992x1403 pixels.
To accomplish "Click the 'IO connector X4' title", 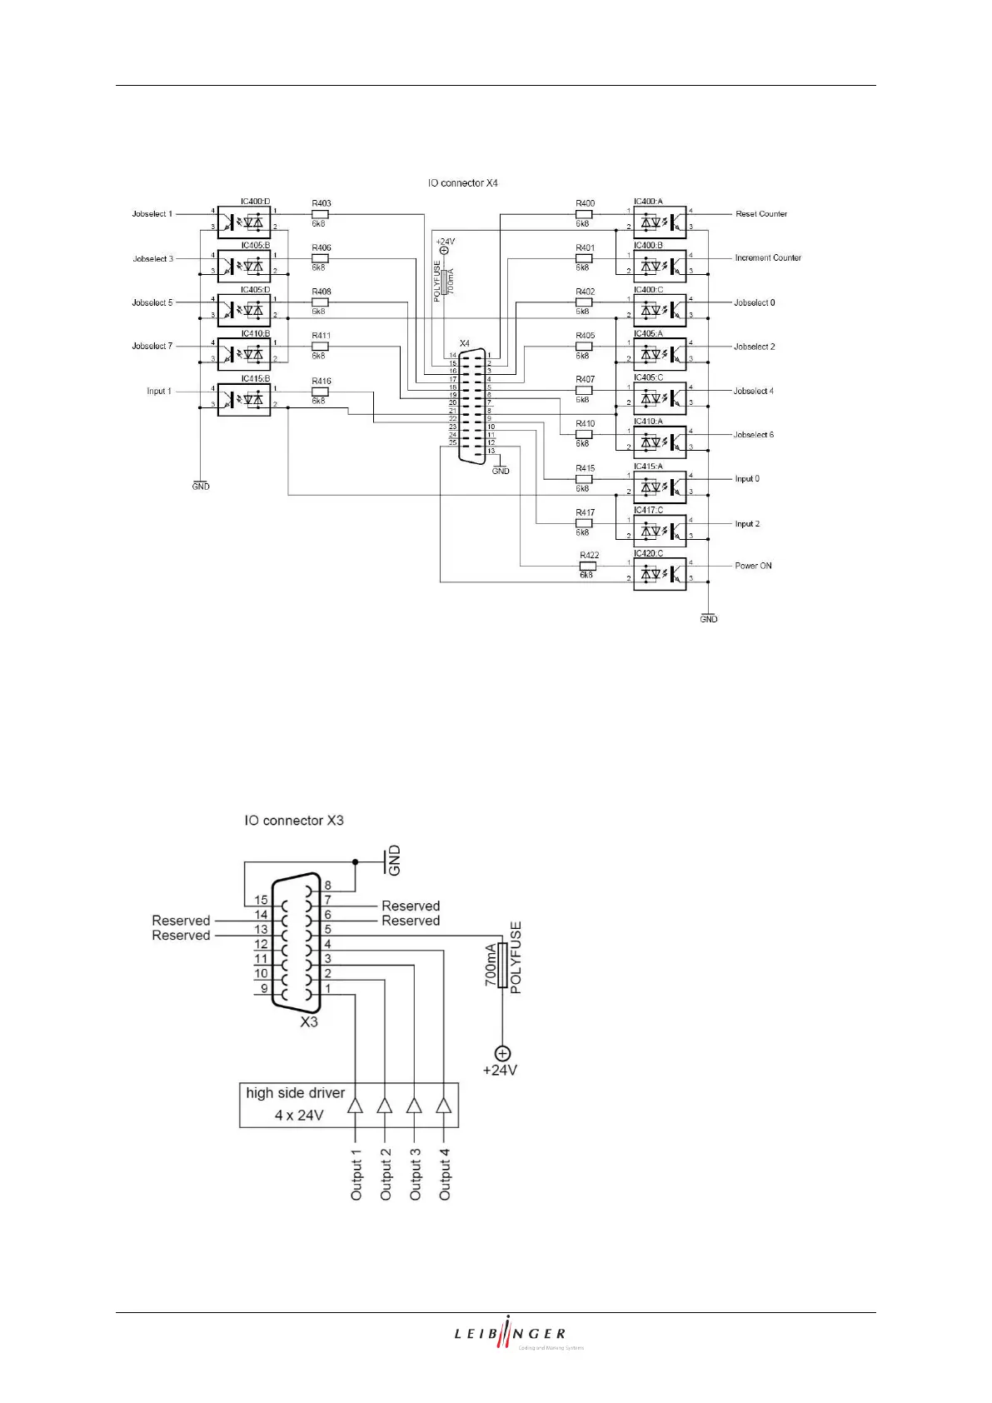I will point(462,183).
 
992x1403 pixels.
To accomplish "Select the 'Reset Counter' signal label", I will point(760,214).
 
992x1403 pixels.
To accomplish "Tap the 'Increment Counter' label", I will point(767,258).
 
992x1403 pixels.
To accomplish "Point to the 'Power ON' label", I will point(753,566).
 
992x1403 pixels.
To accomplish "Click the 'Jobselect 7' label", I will point(152,346).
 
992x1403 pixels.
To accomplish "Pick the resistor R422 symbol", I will point(587,566).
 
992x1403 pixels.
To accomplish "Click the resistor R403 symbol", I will point(320,214).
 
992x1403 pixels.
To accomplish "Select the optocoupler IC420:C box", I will point(660,574).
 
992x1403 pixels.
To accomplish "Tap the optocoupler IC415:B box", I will point(244,399).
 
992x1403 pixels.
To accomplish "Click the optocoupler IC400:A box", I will point(660,222).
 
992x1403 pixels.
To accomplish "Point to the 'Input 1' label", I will point(158,391).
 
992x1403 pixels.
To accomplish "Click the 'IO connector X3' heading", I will point(294,821).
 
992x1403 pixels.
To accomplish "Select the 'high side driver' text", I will point(295,1093).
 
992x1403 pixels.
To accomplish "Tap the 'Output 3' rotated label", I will point(415,1175).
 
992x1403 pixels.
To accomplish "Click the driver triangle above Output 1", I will point(356,1106).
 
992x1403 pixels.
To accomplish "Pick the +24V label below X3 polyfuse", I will point(500,1070).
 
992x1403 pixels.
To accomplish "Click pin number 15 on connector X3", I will point(261,900).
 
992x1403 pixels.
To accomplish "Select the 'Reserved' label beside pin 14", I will point(181,921).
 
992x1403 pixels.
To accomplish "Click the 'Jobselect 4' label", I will point(753,391).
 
